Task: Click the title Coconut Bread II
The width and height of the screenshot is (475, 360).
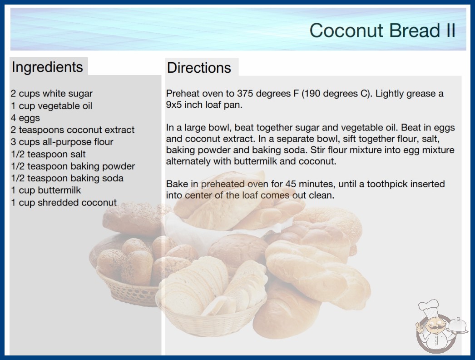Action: tap(382, 30)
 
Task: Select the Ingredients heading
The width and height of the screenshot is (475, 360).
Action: tap(47, 67)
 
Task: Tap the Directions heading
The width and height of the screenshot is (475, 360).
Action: tap(199, 68)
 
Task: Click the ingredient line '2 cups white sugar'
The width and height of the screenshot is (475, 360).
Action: tap(51, 94)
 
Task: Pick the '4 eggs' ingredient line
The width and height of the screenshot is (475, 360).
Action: tap(25, 118)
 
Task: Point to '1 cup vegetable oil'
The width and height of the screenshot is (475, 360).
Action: tap(51, 106)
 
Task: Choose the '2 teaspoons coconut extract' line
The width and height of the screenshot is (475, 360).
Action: tap(73, 130)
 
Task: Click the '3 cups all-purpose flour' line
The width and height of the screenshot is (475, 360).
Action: tap(62, 142)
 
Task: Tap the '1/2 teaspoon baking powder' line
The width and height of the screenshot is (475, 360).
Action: tap(73, 166)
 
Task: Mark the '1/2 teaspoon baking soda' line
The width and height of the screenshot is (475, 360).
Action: tap(67, 178)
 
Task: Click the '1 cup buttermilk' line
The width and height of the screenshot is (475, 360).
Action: tap(46, 190)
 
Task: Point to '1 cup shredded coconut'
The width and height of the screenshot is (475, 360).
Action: tap(64, 202)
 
